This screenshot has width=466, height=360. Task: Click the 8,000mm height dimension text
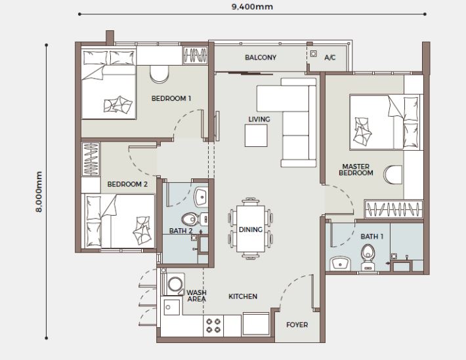pyautogui.click(x=39, y=191)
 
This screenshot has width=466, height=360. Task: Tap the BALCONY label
pyautogui.click(x=261, y=58)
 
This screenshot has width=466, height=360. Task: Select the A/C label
pyautogui.click(x=330, y=58)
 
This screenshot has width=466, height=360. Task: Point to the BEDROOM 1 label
pyautogui.click(x=171, y=99)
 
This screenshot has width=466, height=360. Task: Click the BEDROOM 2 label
pyautogui.click(x=127, y=185)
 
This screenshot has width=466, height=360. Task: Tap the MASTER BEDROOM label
pyautogui.click(x=356, y=169)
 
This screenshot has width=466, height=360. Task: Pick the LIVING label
pyautogui.click(x=259, y=119)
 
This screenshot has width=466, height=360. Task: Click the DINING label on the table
pyautogui.click(x=251, y=230)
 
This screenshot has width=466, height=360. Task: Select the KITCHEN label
pyautogui.click(x=242, y=296)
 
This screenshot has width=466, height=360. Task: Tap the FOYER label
pyautogui.click(x=297, y=325)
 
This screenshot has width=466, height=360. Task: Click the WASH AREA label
pyautogui.click(x=196, y=296)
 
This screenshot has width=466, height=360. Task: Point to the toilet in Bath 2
pyautogui.click(x=189, y=219)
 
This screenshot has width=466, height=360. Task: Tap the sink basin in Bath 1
pyautogui.click(x=340, y=263)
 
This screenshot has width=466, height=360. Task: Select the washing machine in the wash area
pyautogui.click(x=175, y=284)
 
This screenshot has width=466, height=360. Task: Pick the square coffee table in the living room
pyautogui.click(x=257, y=136)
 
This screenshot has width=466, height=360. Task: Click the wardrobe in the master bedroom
pyautogui.click(x=393, y=210)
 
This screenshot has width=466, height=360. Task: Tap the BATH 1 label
pyautogui.click(x=373, y=235)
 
